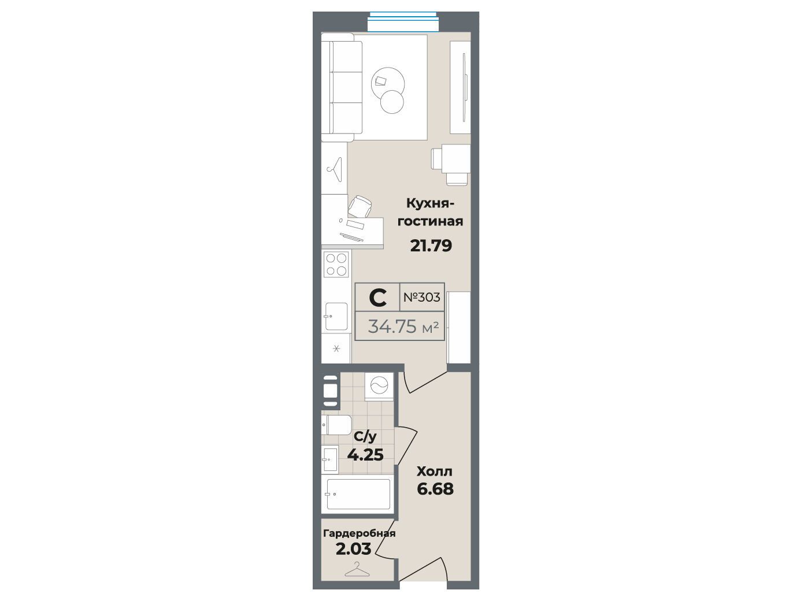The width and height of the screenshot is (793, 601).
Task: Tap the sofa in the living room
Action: pos(342,87)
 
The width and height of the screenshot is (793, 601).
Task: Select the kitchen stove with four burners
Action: pos(336,264)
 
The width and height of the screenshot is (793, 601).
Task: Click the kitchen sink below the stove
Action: pos(336,317)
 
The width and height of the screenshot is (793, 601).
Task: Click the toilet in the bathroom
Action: pos(336,425)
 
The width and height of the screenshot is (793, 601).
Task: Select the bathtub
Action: pos(358,494)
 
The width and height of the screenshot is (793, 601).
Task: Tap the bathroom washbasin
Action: pos(330,459)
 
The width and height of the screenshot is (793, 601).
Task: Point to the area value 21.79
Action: pos(431,246)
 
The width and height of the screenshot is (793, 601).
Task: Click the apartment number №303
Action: pos(421,297)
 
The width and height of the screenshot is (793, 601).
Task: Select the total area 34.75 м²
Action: pos(403,327)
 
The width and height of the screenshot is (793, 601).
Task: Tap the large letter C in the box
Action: pos(378,298)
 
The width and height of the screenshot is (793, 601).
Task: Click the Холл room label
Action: pos(435,472)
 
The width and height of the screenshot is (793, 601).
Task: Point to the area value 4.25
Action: pos(365,455)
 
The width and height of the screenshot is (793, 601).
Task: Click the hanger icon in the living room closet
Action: pos(335,170)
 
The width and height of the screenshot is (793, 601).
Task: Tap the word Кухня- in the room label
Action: pos(430,203)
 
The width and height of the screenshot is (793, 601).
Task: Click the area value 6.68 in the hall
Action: pos(435,489)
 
